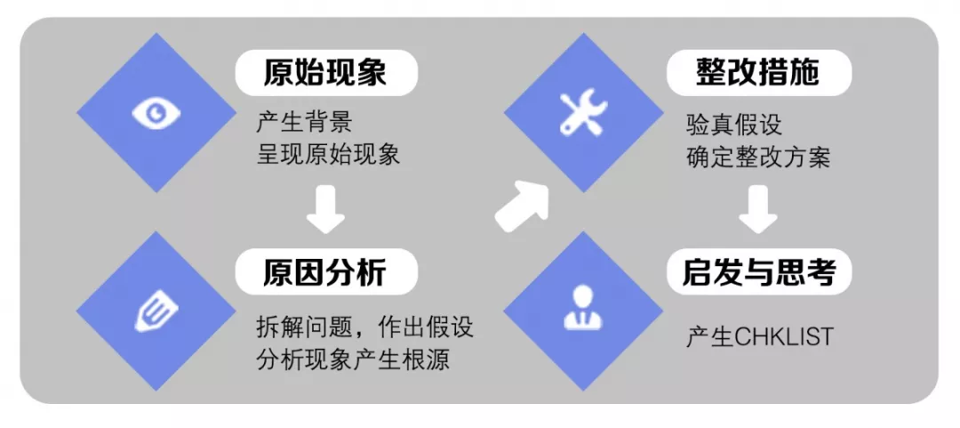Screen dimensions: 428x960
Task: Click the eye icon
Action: click(156, 113)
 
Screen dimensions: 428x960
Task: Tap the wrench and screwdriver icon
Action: click(583, 113)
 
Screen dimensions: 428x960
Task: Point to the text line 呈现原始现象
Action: click(328, 155)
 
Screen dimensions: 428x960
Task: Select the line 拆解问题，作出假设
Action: click(364, 327)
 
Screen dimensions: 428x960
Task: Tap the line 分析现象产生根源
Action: click(352, 359)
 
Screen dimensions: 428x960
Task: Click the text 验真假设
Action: click(733, 124)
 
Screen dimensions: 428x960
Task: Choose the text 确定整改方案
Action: click(758, 157)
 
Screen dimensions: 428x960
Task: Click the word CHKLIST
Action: click(784, 338)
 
